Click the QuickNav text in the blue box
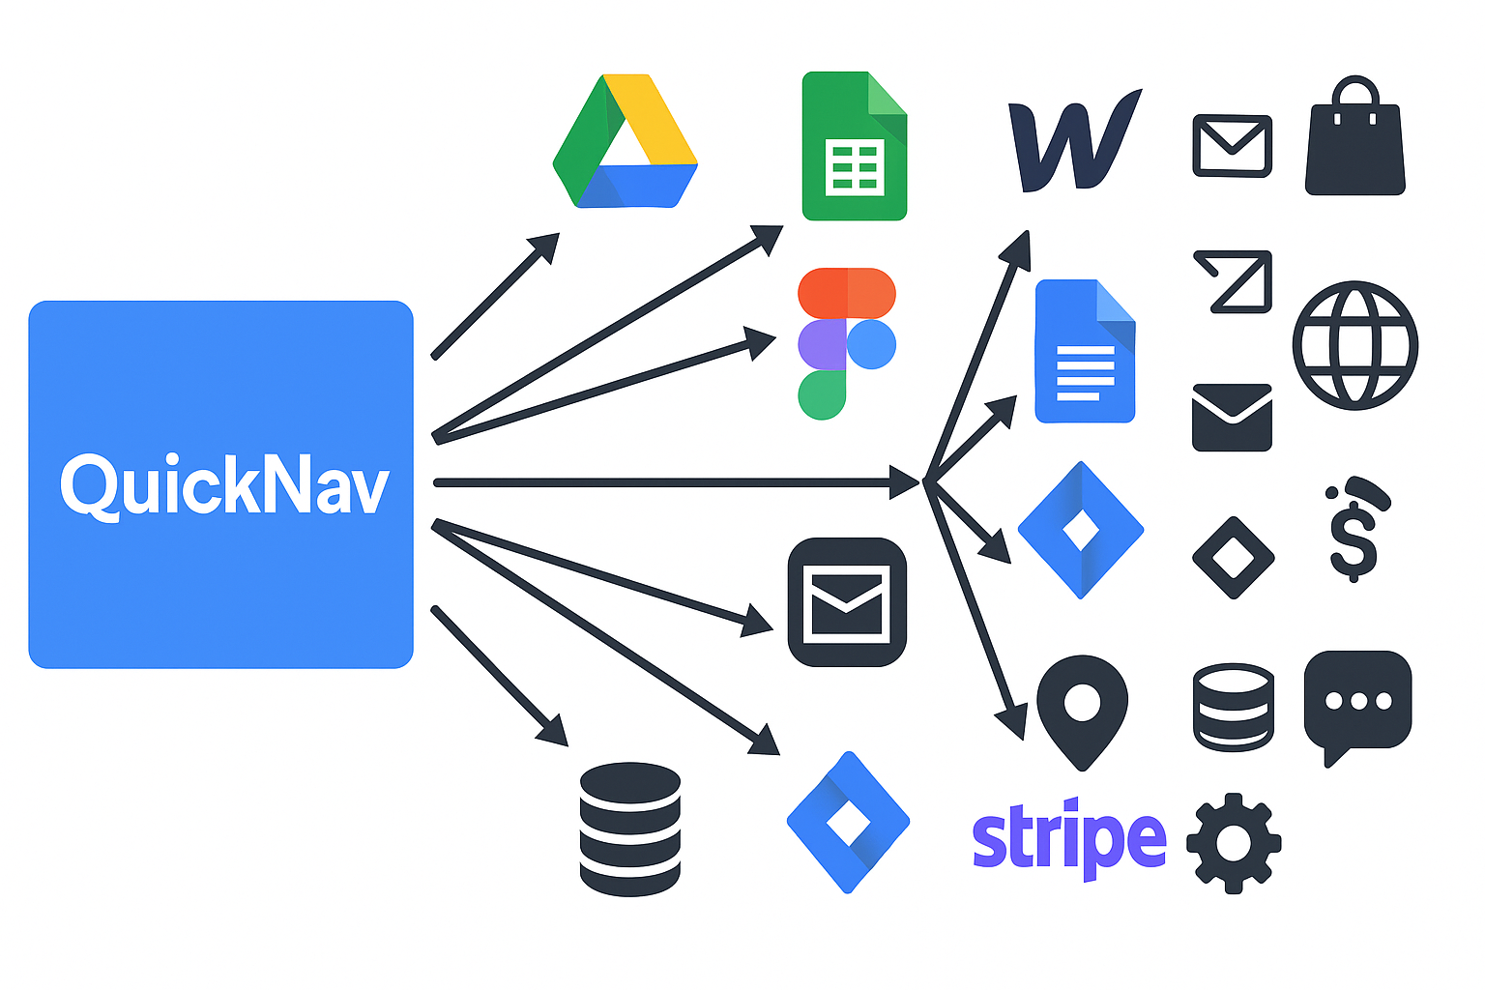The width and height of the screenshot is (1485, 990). pyautogui.click(x=223, y=485)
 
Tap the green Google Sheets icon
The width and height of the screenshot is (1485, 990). pyautogui.click(x=854, y=146)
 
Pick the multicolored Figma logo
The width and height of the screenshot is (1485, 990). pyautogui.click(x=846, y=343)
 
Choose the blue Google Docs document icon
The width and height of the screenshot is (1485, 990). pyautogui.click(x=1084, y=351)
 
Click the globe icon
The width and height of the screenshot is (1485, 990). pyautogui.click(x=1354, y=345)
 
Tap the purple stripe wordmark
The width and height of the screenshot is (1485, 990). pyautogui.click(x=1068, y=837)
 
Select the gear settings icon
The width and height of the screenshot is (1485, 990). pyautogui.click(x=1233, y=842)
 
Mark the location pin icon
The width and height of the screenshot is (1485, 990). pyautogui.click(x=1082, y=710)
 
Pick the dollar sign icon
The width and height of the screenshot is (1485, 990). pyautogui.click(x=1354, y=530)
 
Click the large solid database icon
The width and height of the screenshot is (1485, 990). pyautogui.click(x=629, y=829)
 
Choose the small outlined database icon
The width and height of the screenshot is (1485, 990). pyautogui.click(x=1233, y=707)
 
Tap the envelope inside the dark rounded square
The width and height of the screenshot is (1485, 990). pyautogui.click(x=847, y=602)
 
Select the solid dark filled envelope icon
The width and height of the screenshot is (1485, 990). pyautogui.click(x=1232, y=418)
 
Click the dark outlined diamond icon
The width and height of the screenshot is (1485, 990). pyautogui.click(x=1233, y=558)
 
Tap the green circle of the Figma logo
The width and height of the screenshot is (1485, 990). pyautogui.click(x=822, y=395)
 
